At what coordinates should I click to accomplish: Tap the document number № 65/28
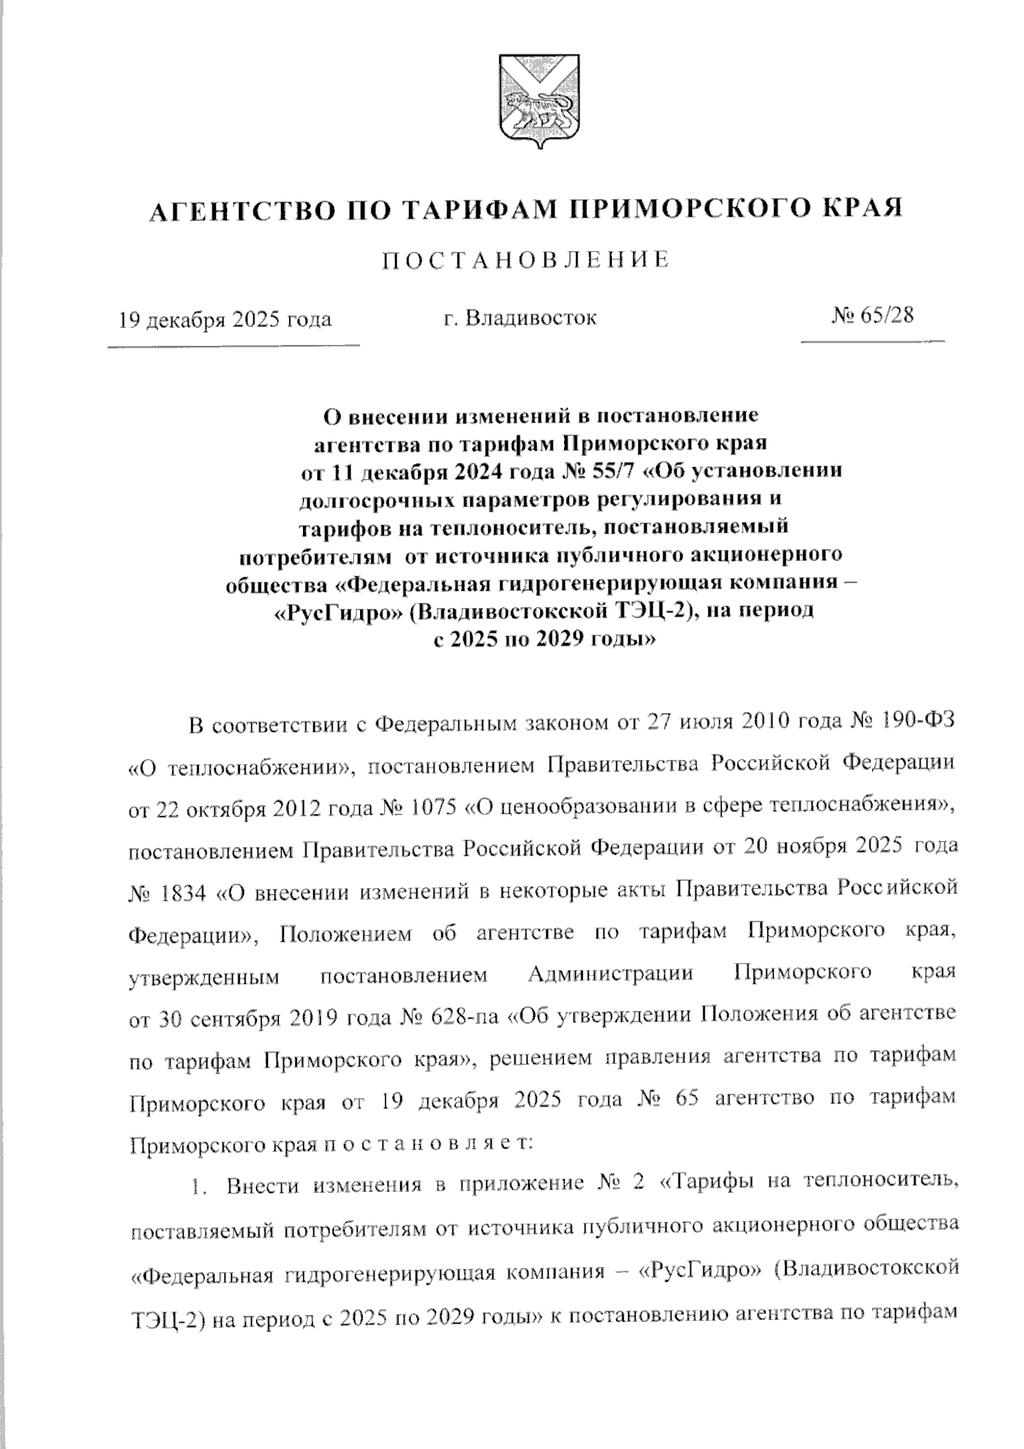tap(871, 315)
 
